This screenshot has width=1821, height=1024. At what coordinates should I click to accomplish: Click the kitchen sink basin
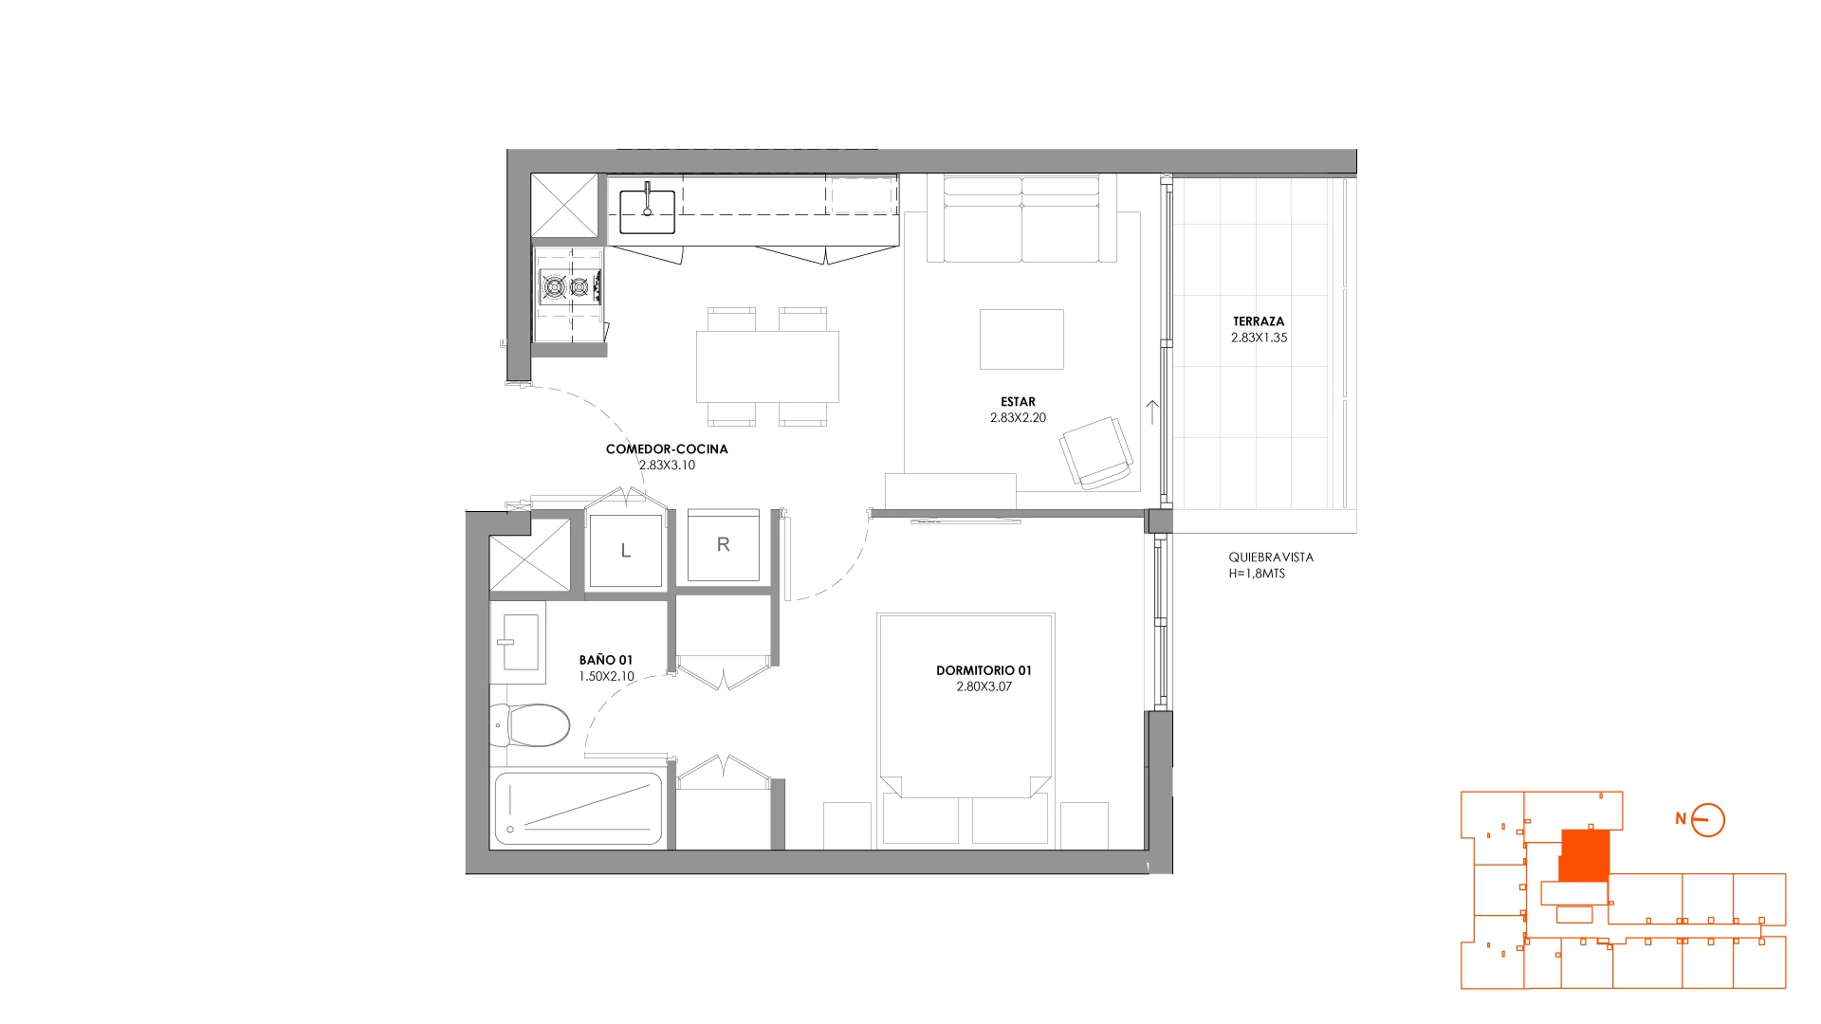coord(647,211)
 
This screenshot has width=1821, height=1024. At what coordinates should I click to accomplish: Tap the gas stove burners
coord(570,285)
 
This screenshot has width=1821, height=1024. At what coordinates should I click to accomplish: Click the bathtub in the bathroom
coord(578,809)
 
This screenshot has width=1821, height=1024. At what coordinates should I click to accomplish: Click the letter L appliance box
coord(625,550)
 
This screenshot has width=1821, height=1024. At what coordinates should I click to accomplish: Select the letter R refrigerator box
coord(723,545)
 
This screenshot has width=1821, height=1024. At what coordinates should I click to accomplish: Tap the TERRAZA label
coord(1259,321)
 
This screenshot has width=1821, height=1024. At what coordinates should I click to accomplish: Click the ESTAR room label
coord(1018,402)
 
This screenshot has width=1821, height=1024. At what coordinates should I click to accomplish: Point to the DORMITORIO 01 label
coord(984,670)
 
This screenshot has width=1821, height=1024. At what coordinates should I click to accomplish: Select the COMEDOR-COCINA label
coord(667,449)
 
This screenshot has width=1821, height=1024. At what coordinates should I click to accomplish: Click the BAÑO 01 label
coord(606,660)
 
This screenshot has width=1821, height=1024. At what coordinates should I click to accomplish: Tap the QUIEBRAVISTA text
coord(1271,558)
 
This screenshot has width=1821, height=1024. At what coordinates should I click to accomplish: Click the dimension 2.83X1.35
coord(1260,338)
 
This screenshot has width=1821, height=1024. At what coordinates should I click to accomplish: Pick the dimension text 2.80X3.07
coord(984,686)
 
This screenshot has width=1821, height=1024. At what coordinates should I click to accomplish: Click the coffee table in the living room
coord(1021,339)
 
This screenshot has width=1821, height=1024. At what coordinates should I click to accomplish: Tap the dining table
coord(767,366)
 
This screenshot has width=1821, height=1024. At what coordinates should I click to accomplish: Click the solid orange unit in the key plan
coord(1584,855)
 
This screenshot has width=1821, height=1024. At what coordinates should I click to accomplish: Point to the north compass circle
coord(1708,820)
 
